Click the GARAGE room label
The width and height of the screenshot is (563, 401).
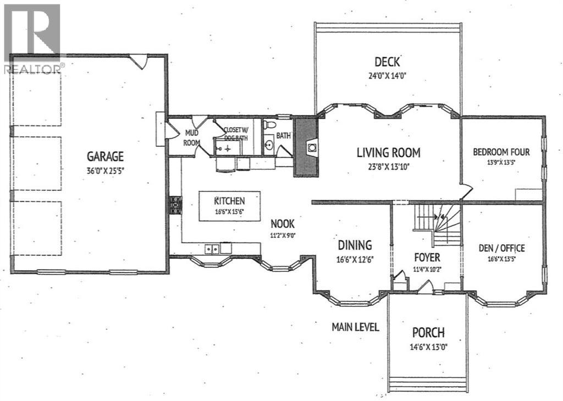pyautogui.click(x=105, y=156)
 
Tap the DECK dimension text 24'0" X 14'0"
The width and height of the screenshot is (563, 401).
pyautogui.click(x=387, y=76)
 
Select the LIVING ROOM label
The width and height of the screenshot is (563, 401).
pyautogui.click(x=389, y=153)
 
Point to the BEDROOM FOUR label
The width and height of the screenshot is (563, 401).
pyautogui.click(x=501, y=152)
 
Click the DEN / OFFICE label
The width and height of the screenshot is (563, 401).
pyautogui.click(x=501, y=248)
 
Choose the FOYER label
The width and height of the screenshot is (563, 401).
pyautogui.click(x=427, y=257)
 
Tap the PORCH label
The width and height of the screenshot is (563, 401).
pyautogui.click(x=428, y=333)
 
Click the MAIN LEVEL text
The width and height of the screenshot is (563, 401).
pyautogui.click(x=355, y=327)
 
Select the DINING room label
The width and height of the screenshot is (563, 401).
pyautogui.click(x=355, y=245)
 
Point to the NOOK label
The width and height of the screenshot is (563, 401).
pyautogui.click(x=282, y=224)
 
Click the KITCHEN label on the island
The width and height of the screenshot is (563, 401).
pyautogui.click(x=229, y=201)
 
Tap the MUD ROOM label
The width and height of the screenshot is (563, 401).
pyautogui.click(x=191, y=138)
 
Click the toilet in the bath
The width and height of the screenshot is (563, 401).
pyautogui.click(x=269, y=125)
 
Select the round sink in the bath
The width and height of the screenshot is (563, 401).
pyautogui.click(x=268, y=146)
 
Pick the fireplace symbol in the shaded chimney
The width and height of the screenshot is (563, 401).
pyautogui.click(x=312, y=147)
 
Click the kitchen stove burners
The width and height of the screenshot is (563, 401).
pyautogui.click(x=176, y=205)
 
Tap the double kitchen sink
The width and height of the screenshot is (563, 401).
pyautogui.click(x=212, y=249)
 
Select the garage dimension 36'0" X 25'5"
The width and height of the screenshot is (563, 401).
pyautogui.click(x=105, y=171)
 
